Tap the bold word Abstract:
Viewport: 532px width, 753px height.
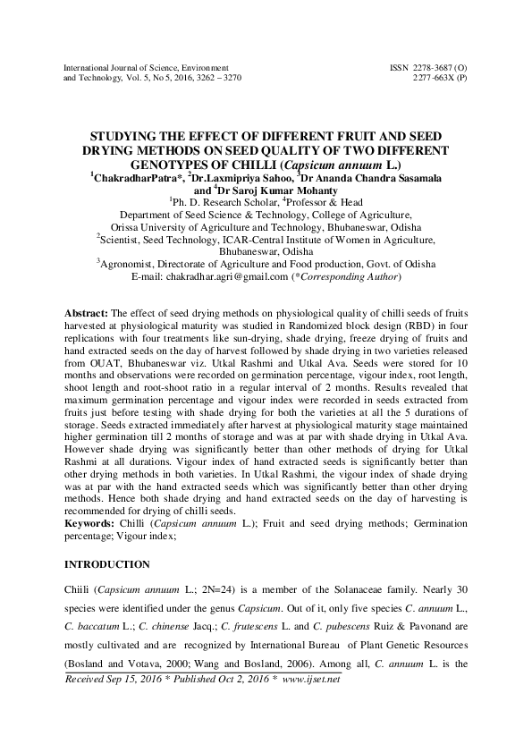pyautogui.click(x=87, y=315)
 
